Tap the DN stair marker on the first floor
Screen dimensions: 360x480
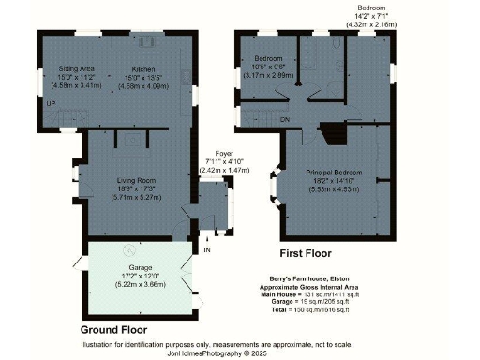pos(283,117)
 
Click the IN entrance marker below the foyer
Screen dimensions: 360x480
pos(208,250)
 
